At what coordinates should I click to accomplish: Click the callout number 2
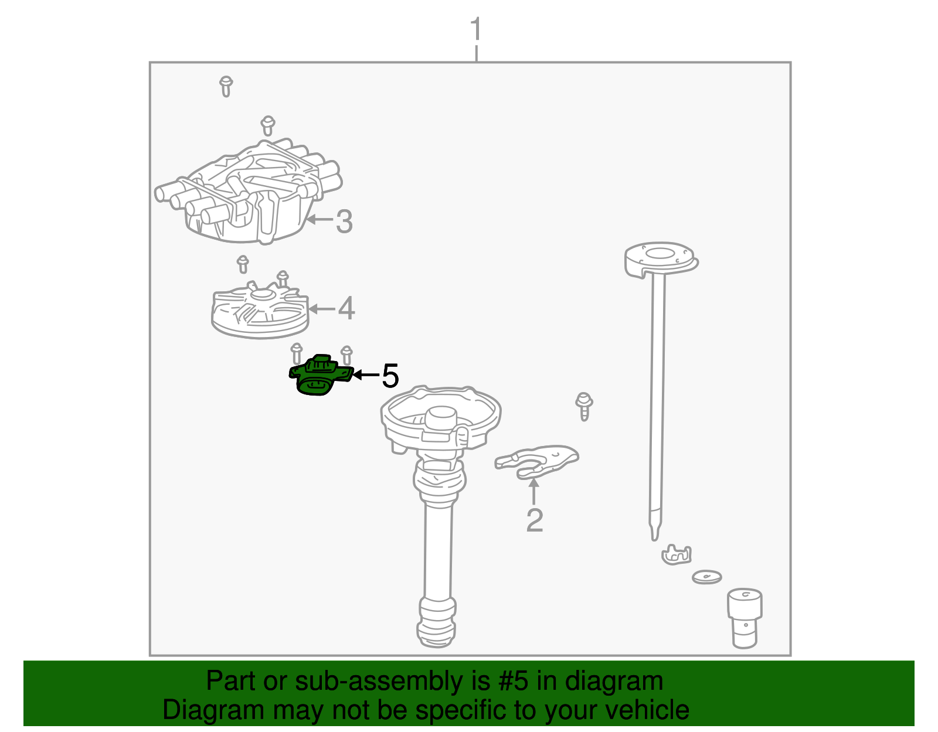(534, 520)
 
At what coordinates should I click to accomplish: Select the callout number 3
(344, 222)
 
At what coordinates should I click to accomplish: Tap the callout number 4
(346, 308)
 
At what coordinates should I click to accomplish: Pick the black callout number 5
(390, 376)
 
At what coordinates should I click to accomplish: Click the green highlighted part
(320, 376)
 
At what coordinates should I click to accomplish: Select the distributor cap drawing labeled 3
(249, 193)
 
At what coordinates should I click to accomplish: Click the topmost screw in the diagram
(226, 86)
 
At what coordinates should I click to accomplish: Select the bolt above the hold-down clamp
(584, 406)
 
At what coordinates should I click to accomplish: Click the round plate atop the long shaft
(661, 258)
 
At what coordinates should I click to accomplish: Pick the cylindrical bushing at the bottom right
(745, 618)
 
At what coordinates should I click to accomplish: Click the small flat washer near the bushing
(706, 577)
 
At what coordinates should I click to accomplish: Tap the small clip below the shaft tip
(677, 554)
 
